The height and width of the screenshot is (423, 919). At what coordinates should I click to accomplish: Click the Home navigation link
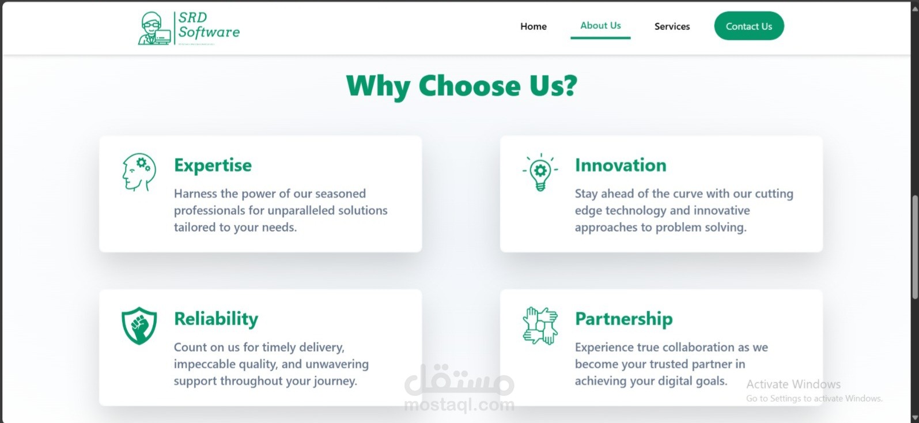[534, 27]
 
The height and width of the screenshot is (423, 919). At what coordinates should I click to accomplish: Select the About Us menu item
[600, 25]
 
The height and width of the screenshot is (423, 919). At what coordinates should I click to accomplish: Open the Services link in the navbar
[672, 27]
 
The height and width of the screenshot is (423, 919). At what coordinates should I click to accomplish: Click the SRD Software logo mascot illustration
[154, 28]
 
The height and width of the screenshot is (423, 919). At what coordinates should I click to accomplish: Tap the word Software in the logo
[209, 32]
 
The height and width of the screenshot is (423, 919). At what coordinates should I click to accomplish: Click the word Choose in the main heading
[470, 86]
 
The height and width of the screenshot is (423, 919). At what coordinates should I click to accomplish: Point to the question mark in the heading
[570, 86]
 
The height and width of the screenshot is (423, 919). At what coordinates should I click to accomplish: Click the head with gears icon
[139, 172]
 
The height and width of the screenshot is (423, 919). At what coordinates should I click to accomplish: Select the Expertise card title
[213, 165]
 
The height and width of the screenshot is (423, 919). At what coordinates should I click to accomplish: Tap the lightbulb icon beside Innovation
[540, 172]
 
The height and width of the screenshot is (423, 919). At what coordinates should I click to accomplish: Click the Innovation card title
[621, 165]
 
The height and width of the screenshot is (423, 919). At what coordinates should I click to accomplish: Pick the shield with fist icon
[139, 326]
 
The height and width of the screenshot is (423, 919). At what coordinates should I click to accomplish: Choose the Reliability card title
[216, 319]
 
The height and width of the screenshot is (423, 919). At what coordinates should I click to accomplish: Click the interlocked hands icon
[540, 326]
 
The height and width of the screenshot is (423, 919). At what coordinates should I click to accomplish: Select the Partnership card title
[623, 319]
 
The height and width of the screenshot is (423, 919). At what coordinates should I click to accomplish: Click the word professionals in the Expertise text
[209, 210]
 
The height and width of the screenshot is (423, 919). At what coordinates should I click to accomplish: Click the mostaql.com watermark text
[459, 405]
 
